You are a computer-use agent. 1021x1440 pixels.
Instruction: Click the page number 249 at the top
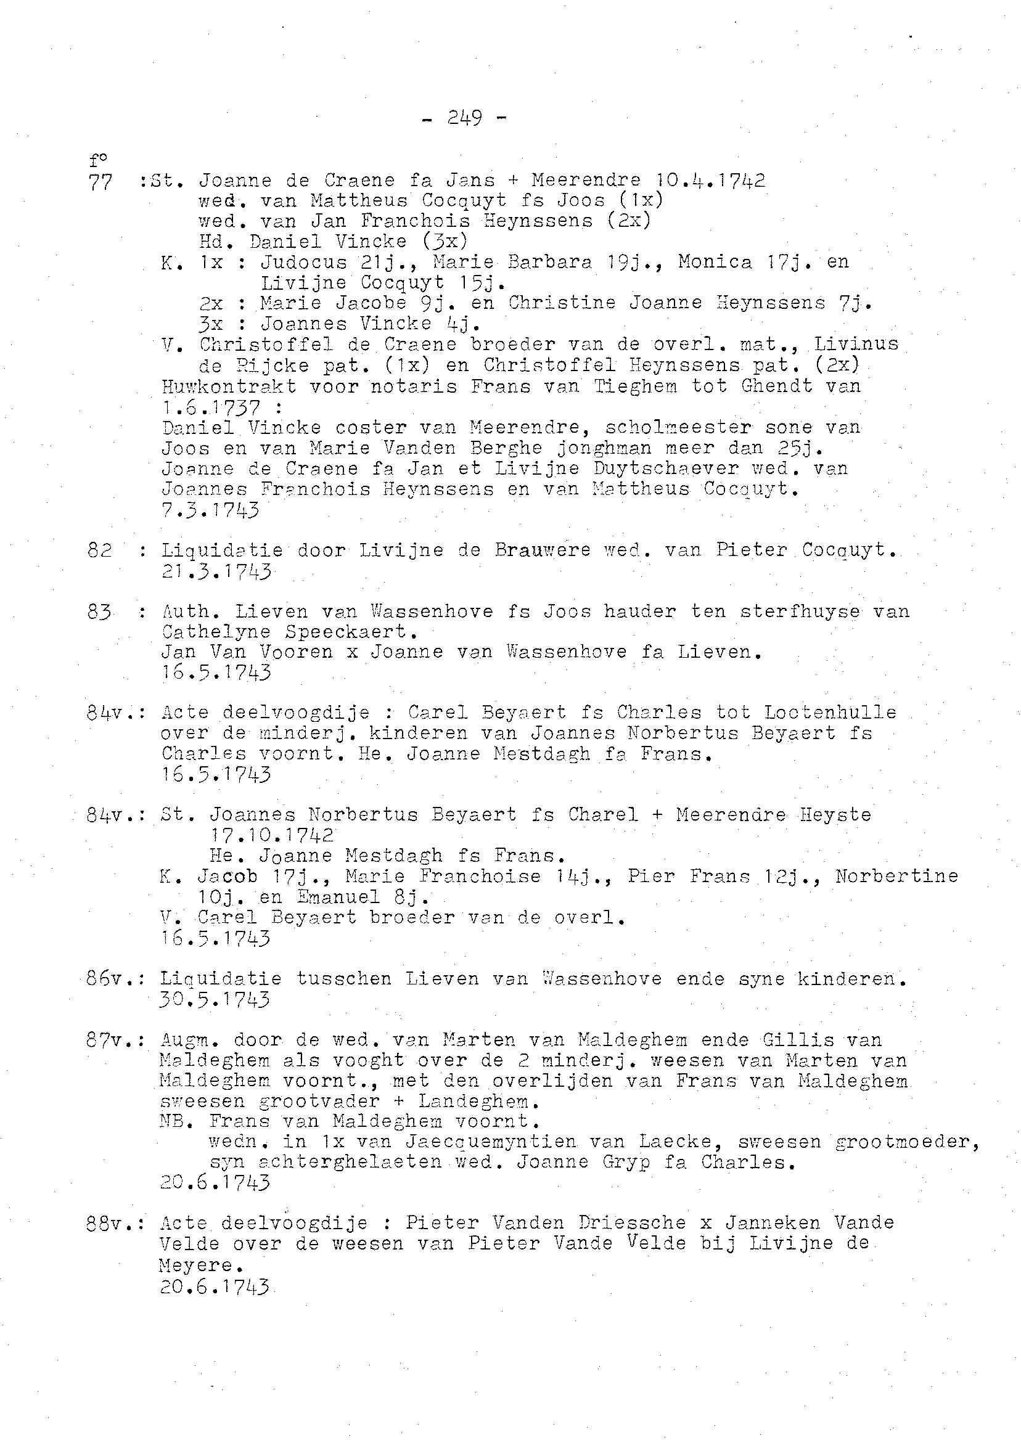point(465,118)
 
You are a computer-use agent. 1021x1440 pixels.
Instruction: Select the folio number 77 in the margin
point(100,182)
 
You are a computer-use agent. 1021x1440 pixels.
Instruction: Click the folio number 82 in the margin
point(100,550)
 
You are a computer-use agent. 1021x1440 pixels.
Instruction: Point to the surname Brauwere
point(543,550)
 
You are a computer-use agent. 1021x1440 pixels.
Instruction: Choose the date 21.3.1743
point(216,571)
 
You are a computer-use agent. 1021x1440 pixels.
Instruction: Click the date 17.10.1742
point(271,835)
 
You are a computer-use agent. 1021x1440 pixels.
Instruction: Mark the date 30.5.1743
point(215,999)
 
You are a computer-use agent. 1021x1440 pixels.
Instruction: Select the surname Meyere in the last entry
point(196,1265)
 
